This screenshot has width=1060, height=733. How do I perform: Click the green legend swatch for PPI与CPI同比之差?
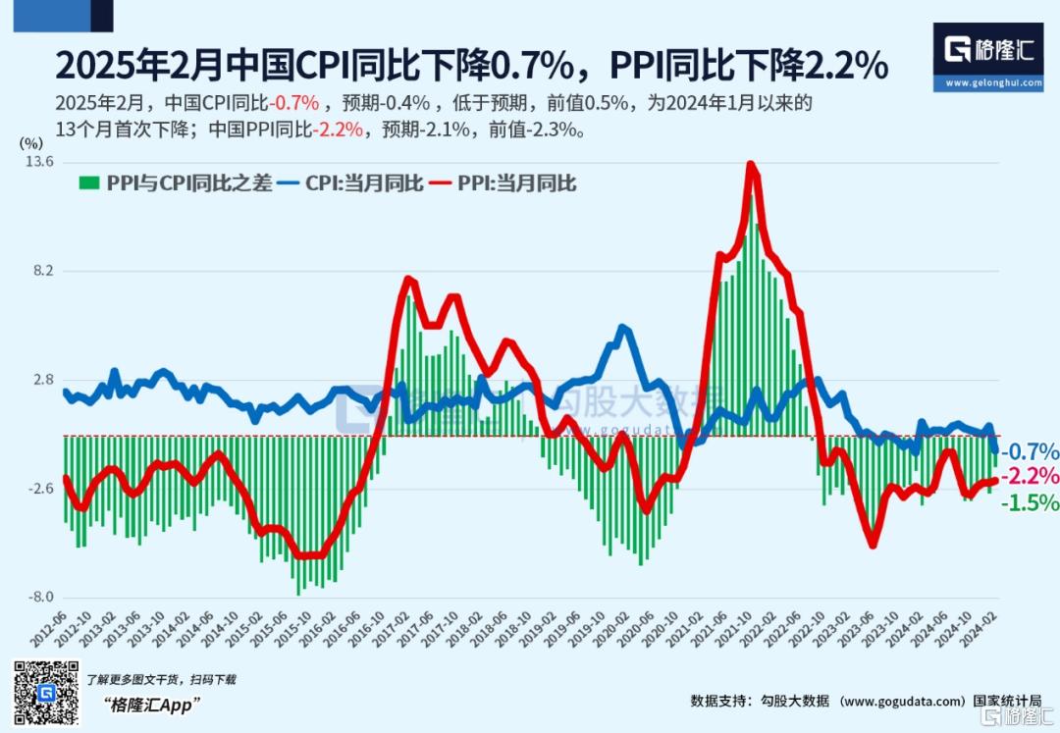88,183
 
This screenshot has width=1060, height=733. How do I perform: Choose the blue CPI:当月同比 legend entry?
350,183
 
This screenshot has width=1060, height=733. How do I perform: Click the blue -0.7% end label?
1031,452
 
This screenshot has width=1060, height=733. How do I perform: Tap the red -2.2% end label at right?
1031,477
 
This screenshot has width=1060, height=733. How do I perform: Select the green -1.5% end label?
1031,502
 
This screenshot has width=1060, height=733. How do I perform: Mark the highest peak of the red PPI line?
752,165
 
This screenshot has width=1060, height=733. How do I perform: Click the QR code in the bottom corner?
45,694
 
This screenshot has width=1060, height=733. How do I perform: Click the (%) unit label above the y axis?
29,143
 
